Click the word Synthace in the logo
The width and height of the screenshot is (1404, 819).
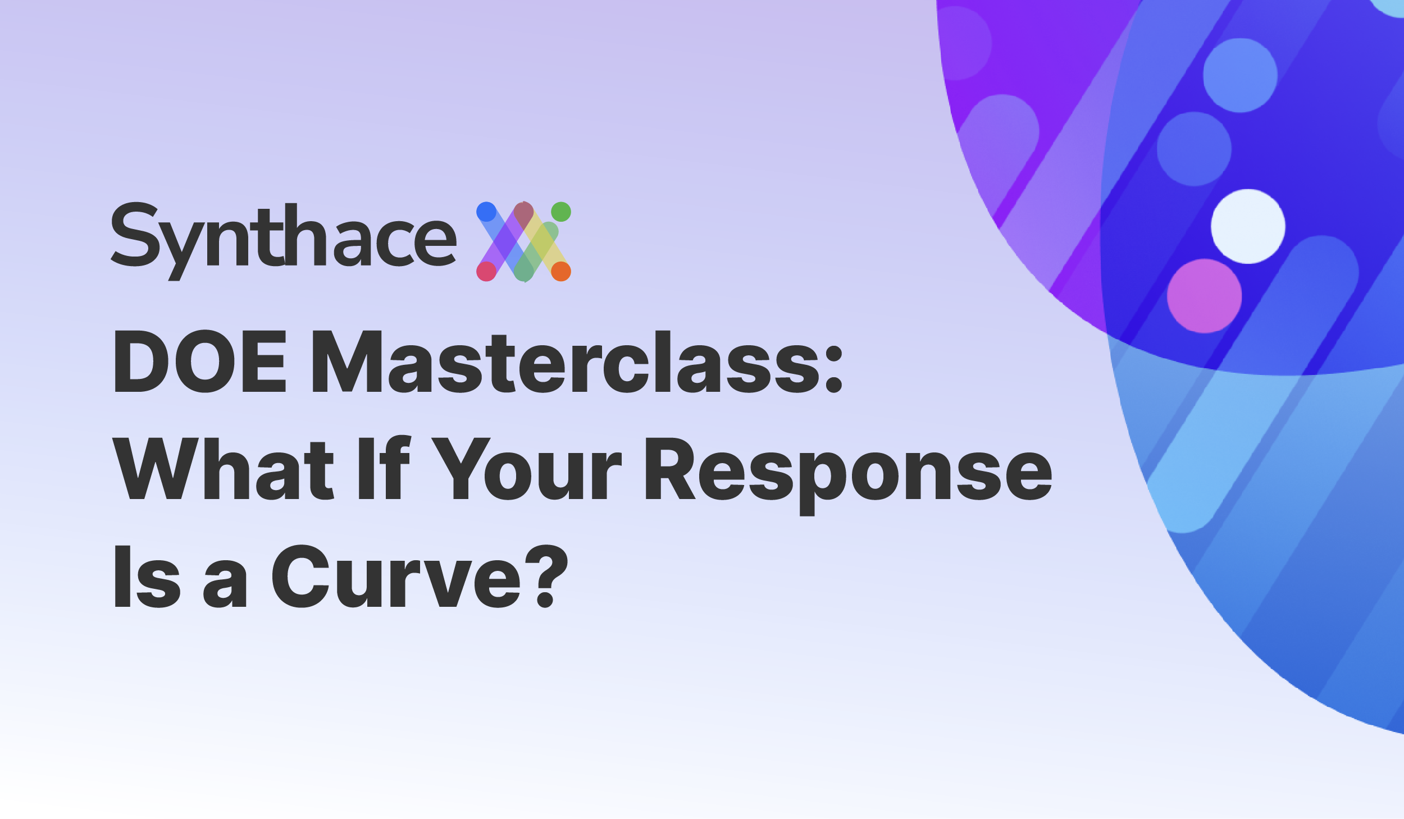[x=284, y=241]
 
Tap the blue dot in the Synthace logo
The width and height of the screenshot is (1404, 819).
[x=486, y=212]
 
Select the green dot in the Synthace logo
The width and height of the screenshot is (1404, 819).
[x=561, y=212]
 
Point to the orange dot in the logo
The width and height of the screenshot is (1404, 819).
[x=561, y=272]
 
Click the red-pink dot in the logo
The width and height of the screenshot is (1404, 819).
[x=486, y=272]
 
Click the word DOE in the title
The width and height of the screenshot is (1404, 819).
[x=200, y=362]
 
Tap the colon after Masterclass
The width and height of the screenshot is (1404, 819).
[x=834, y=369]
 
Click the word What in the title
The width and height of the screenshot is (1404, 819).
[x=224, y=468]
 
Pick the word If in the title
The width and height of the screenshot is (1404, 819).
[x=385, y=467]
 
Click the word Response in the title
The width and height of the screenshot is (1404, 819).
[x=849, y=475]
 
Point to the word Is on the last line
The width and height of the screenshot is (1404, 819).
[x=147, y=576]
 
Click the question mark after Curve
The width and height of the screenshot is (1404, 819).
[x=547, y=575]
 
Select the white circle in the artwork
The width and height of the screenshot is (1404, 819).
[x=1248, y=226]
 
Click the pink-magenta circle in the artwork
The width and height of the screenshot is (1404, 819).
[x=1204, y=296]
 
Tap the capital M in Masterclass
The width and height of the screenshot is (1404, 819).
[x=347, y=362]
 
